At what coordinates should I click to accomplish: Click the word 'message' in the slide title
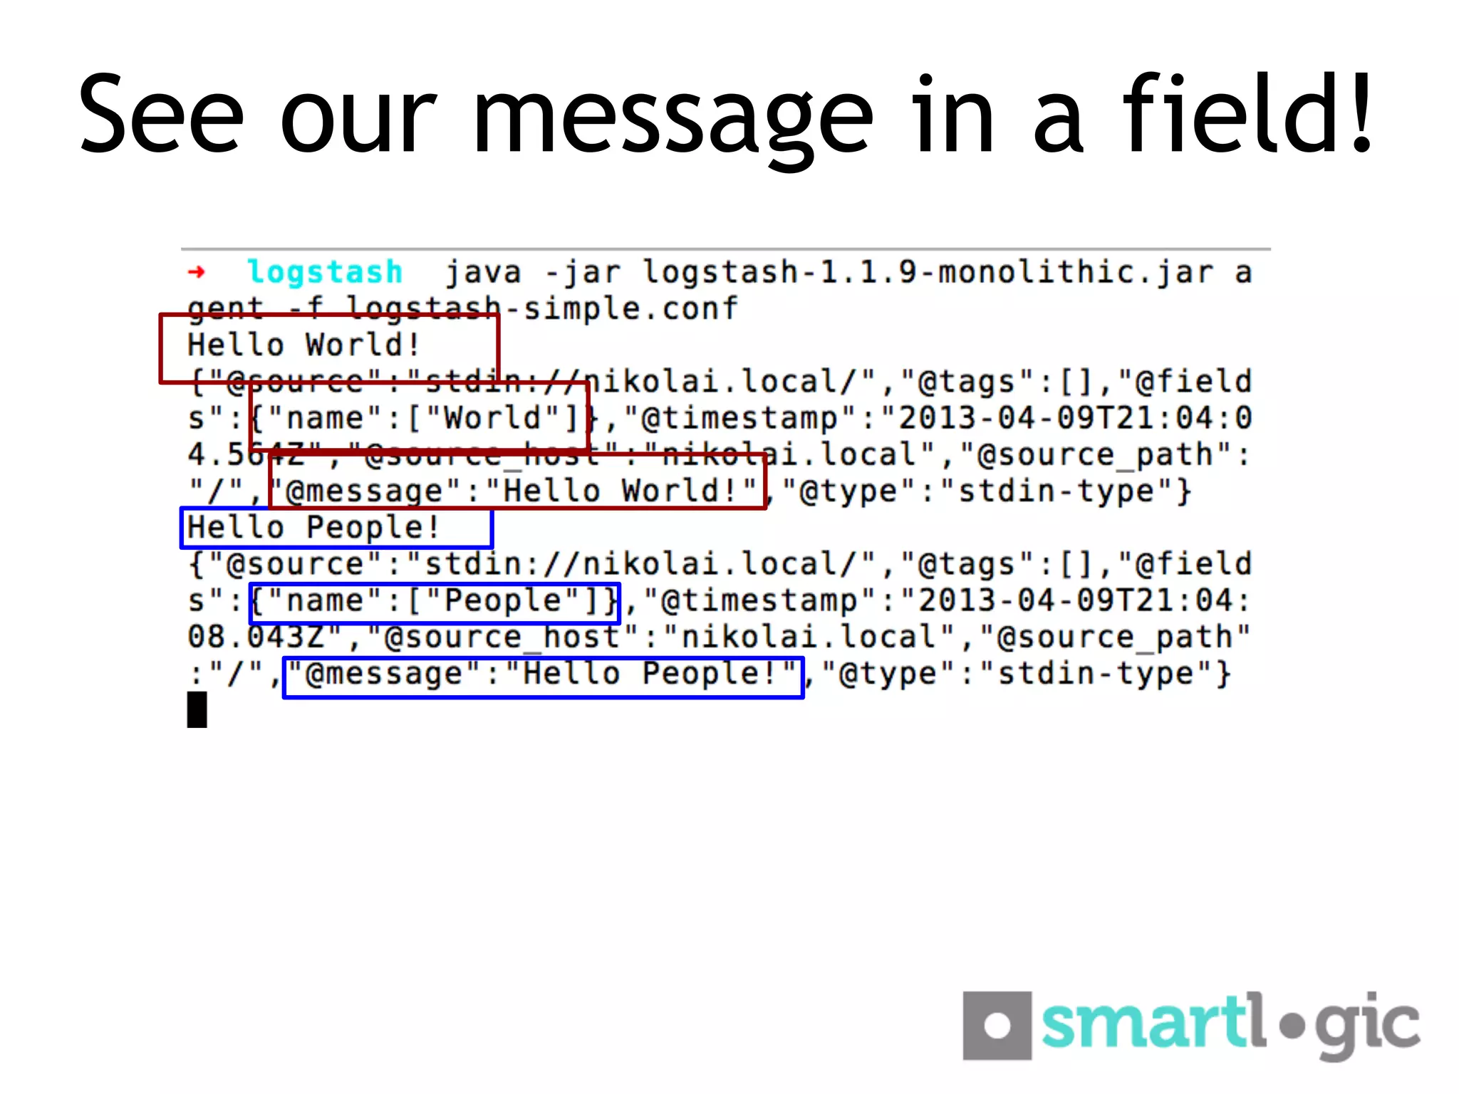[x=673, y=118]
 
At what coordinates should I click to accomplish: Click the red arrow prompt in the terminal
[x=197, y=272]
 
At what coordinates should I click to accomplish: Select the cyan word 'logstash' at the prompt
[x=325, y=272]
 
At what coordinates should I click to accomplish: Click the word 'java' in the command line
[x=484, y=272]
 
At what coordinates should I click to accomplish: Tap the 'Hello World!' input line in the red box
[x=303, y=345]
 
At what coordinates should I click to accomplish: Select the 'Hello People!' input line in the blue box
[x=313, y=528]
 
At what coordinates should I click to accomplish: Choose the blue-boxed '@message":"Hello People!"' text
[x=543, y=674]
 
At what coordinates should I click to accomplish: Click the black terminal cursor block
[x=197, y=710]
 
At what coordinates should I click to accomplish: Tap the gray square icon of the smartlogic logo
[x=997, y=1026]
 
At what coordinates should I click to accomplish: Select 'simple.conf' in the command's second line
[x=630, y=309]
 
